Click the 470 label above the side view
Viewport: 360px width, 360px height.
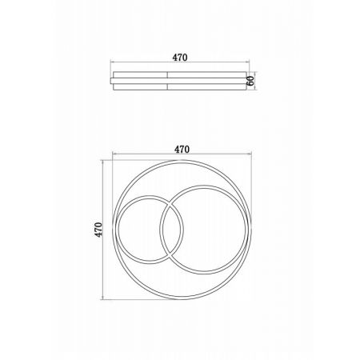(180, 58)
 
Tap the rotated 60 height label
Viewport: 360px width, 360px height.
(250, 81)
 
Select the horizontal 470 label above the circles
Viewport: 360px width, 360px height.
(182, 150)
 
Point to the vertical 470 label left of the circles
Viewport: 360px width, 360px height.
(98, 230)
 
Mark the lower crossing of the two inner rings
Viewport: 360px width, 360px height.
(170, 255)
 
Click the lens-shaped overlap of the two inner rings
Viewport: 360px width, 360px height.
(172, 230)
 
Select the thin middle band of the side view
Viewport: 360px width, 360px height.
(179, 81)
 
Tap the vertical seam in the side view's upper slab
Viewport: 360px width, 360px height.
(167, 74)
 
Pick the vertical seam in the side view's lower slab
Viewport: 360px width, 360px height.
(167, 87)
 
